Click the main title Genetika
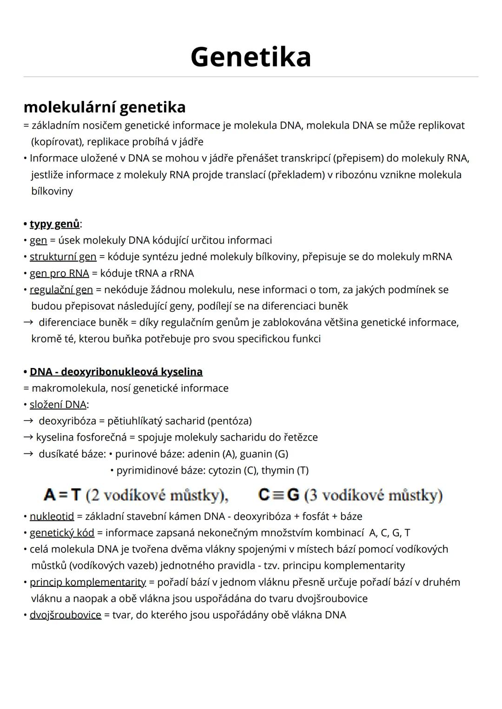pos(251,57)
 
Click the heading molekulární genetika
pos(105,107)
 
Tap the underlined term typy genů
pos(54,224)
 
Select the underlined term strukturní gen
pos(63,256)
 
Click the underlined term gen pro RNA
pos(59,273)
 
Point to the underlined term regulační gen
pos(61,289)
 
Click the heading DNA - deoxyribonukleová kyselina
pos(116,372)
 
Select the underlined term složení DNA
pos(58,404)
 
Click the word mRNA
pos(437,256)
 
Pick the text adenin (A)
pos(212,453)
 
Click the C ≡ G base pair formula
pos(278,495)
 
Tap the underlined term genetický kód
pos(62,532)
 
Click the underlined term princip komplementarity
pos(87,582)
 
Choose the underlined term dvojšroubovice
pos(65,615)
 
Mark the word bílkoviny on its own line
pos(52,191)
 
